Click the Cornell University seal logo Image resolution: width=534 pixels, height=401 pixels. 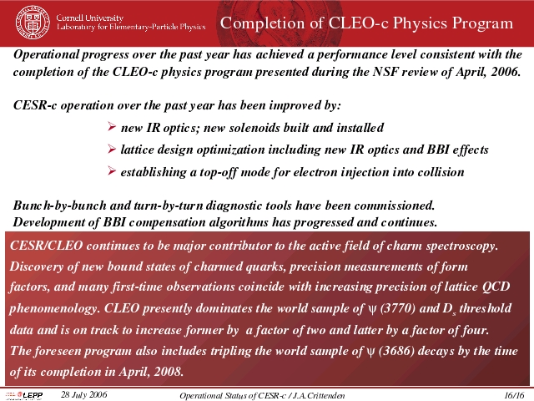click(33, 23)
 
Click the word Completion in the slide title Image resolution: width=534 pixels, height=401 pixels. click(262, 23)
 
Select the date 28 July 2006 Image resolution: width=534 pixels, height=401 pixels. click(83, 394)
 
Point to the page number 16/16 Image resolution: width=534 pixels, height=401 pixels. click(514, 395)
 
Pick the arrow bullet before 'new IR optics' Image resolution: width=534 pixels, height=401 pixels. click(111, 127)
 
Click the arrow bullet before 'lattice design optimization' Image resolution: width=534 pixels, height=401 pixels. click(111, 149)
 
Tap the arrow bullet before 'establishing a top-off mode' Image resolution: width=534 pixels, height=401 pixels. click(111, 170)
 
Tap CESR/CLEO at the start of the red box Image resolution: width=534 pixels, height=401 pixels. click(47, 246)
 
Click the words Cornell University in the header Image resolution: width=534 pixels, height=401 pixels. click(90, 18)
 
